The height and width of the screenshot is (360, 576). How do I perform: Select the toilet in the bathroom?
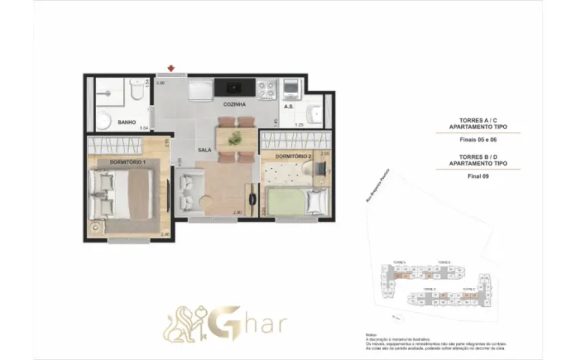tap(133, 92)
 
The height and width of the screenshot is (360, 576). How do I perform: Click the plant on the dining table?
tap(235, 137)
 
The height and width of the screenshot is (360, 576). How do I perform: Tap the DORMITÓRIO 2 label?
tap(292, 156)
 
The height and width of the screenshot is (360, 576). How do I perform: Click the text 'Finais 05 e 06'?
tap(478, 139)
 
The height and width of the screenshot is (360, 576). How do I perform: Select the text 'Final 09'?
tap(478, 176)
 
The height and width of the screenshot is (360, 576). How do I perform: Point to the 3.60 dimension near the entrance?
tap(160, 82)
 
